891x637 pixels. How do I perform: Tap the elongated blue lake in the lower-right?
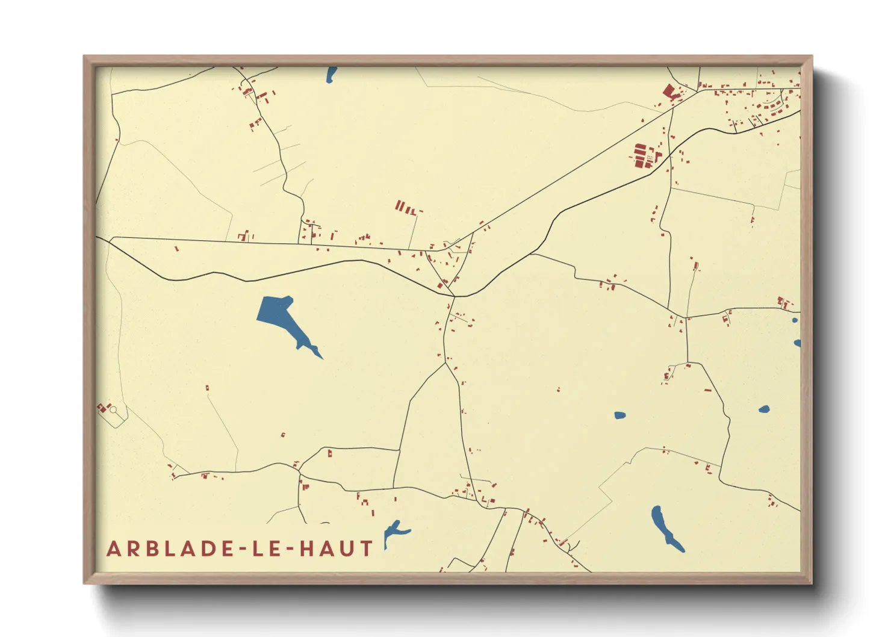[x=665, y=527]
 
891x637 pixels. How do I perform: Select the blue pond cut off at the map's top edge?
[x=331, y=75]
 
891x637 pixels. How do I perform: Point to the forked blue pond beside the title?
[x=394, y=531]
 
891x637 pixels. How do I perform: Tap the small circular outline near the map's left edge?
[x=113, y=410]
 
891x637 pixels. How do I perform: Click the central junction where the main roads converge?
[x=455, y=296]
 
